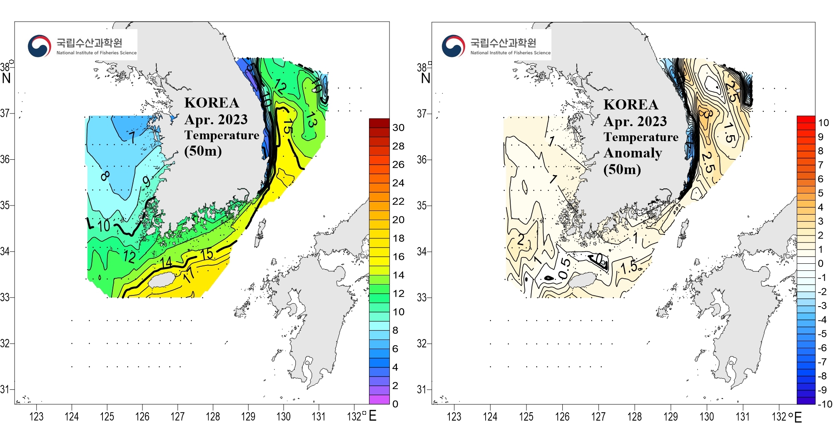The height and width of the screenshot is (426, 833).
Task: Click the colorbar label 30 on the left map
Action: click(398, 128)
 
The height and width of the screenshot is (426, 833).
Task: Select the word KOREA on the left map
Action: click(212, 103)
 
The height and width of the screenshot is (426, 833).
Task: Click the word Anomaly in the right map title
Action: click(633, 153)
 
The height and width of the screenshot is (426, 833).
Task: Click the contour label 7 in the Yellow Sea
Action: click(132, 137)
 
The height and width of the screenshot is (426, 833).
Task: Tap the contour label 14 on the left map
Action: click(166, 262)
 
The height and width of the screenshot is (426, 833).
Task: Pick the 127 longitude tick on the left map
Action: click(177, 416)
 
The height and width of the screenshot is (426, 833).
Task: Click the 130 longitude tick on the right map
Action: click(706, 416)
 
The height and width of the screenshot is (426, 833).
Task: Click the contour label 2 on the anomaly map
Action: click(521, 240)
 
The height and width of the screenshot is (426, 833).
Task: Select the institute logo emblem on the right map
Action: click(453, 46)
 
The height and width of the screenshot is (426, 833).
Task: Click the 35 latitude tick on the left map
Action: click(5, 205)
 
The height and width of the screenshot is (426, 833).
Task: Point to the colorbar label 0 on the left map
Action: click(395, 404)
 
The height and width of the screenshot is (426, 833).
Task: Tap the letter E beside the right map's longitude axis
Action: click(798, 417)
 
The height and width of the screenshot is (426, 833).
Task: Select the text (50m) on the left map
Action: click(203, 151)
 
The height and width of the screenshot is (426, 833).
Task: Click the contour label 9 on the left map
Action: click(146, 181)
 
